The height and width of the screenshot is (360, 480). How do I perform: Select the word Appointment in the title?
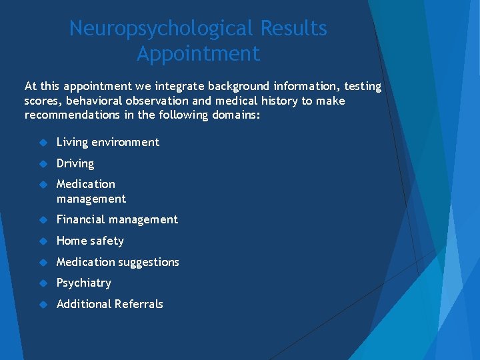point(198,53)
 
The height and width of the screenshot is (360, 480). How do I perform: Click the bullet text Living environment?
point(108,142)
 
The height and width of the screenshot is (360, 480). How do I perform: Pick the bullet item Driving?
point(75,163)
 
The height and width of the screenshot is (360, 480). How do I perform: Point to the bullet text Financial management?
point(117,219)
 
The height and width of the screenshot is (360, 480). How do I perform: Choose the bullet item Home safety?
point(90,241)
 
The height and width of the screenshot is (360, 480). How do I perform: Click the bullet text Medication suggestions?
point(118,262)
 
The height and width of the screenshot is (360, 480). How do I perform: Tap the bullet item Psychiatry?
point(84,283)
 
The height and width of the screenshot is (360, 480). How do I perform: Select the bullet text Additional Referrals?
point(110,304)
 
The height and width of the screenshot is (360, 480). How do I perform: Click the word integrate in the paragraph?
point(180,87)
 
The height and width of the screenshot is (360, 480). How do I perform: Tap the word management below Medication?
point(91,199)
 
